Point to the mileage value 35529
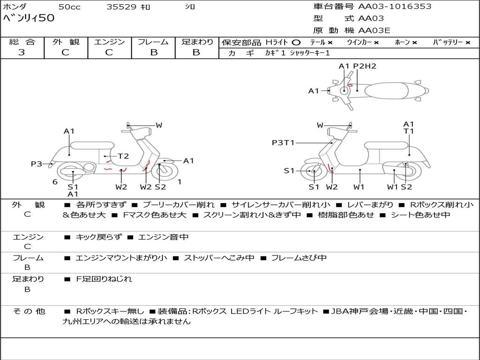click(121, 7)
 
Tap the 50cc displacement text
click(69, 7)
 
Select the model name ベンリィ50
click(29, 18)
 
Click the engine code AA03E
click(374, 31)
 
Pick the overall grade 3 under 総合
click(22, 52)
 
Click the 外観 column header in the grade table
click(66, 42)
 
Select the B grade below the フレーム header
click(153, 52)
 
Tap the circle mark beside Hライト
click(296, 42)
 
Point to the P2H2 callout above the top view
click(365, 66)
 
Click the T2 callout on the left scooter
click(123, 156)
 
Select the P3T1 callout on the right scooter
click(283, 142)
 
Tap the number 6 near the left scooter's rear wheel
click(55, 182)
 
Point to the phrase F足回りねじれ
click(104, 279)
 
